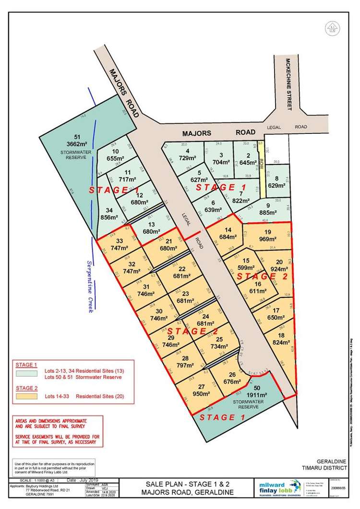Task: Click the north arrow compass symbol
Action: [x=331, y=28]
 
